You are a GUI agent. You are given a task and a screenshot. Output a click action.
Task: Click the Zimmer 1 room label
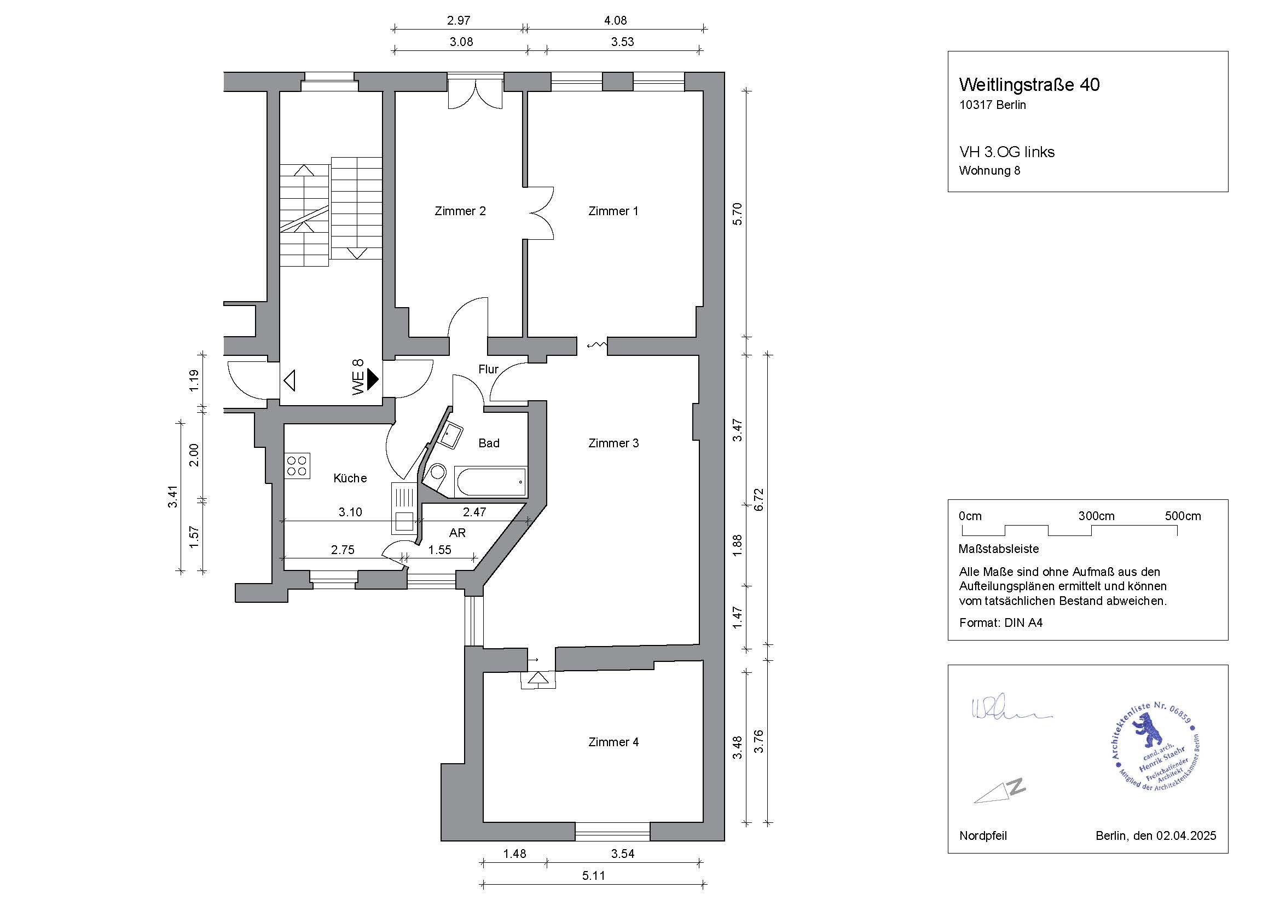[x=613, y=211]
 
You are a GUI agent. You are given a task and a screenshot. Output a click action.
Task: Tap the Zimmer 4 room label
[x=613, y=742]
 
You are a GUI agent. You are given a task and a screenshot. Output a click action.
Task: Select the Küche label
[x=350, y=478]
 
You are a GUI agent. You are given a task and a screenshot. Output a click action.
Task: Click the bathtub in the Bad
[x=490, y=482]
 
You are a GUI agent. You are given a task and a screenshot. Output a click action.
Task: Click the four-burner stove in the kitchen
[x=297, y=465]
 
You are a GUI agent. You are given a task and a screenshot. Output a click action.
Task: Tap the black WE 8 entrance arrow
[x=373, y=380]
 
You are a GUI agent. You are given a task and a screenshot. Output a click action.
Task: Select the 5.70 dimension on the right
[x=737, y=213]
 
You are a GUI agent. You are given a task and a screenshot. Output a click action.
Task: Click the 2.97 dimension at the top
[x=459, y=21]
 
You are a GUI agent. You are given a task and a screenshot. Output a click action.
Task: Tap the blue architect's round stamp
[x=1154, y=746]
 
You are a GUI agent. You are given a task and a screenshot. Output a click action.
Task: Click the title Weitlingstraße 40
[x=1029, y=85]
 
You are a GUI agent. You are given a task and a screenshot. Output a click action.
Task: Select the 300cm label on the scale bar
[x=1096, y=516]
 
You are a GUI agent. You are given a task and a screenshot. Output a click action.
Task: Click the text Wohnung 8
[x=989, y=171]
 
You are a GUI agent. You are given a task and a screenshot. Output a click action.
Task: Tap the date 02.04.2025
[x=1186, y=851]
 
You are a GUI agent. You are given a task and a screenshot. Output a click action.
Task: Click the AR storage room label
[x=457, y=533]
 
